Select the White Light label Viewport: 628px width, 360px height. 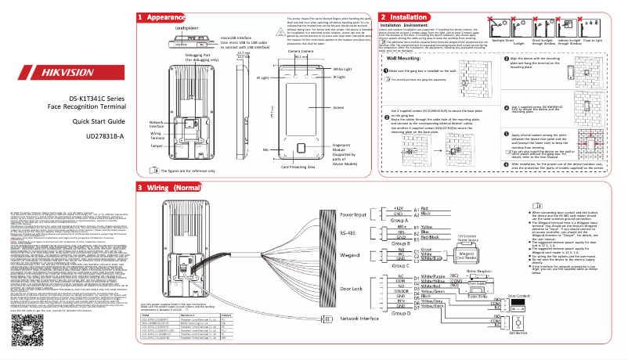[x=343, y=70]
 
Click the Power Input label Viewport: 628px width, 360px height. [x=354, y=213]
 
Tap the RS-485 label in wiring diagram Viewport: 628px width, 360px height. [x=348, y=232]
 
